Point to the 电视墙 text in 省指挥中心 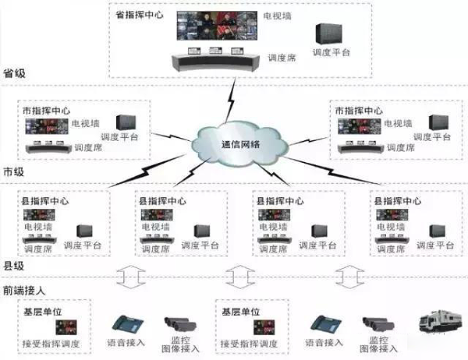(277, 16)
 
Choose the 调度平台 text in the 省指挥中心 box (330, 53)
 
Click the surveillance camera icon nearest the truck (378, 324)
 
